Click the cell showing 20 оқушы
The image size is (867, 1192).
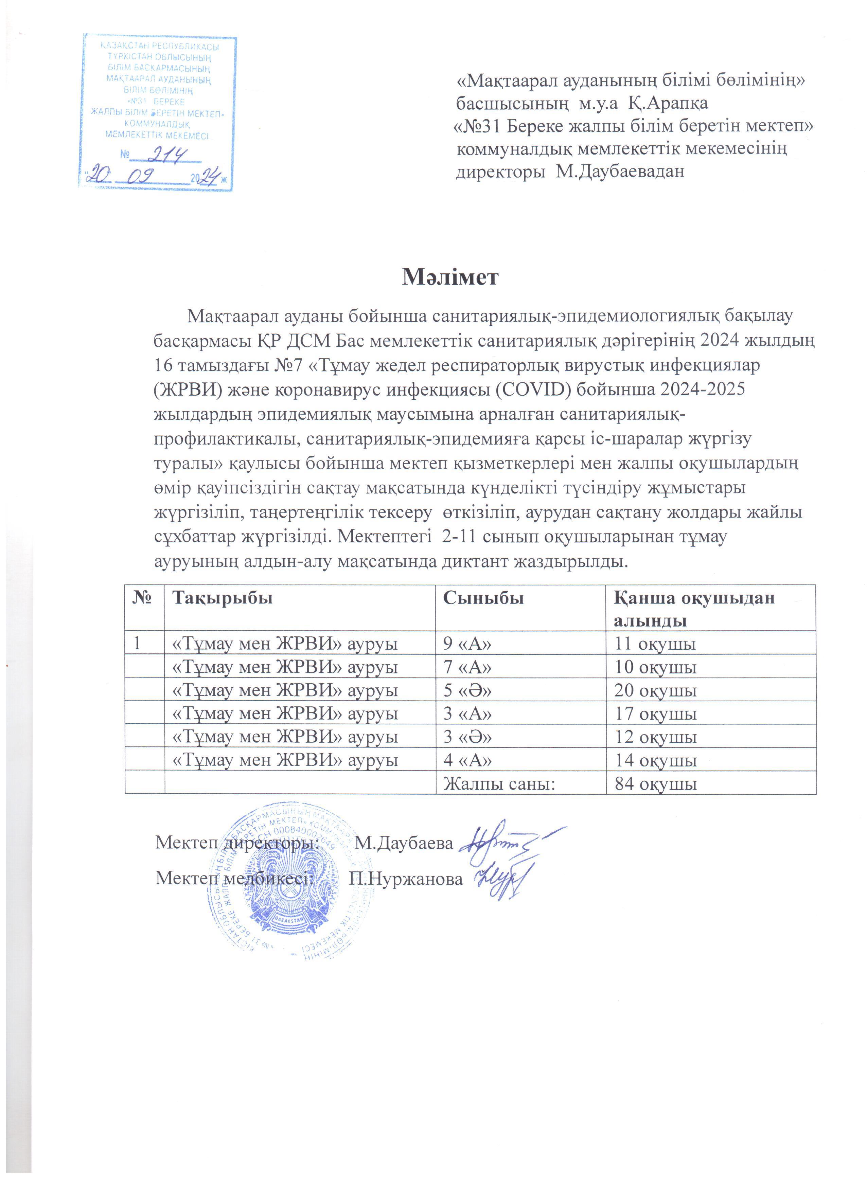tap(655, 690)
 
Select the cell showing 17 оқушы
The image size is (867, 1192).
tap(655, 713)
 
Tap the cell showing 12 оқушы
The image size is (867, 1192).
tap(655, 737)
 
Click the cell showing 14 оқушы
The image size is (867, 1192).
tap(655, 760)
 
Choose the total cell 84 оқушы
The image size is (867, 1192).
tap(655, 784)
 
